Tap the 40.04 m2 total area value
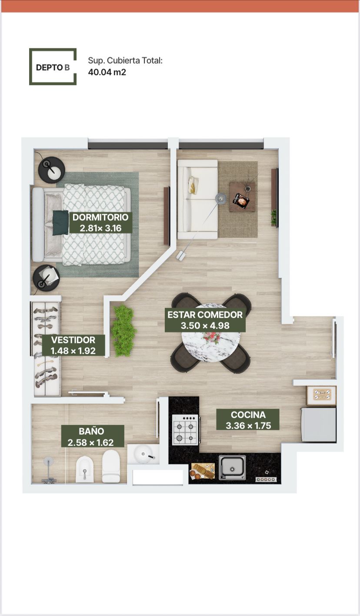[107, 72]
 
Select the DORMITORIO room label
[100, 222]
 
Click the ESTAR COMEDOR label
[205, 320]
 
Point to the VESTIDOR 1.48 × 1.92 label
[73, 345]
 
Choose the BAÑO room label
[91, 437]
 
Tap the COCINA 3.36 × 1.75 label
[248, 420]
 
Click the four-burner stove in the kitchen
[185, 430]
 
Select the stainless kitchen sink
[232, 468]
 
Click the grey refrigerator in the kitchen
[319, 425]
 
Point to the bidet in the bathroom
[85, 469]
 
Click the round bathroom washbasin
[143, 454]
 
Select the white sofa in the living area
[197, 199]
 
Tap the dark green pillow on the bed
[60, 222]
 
